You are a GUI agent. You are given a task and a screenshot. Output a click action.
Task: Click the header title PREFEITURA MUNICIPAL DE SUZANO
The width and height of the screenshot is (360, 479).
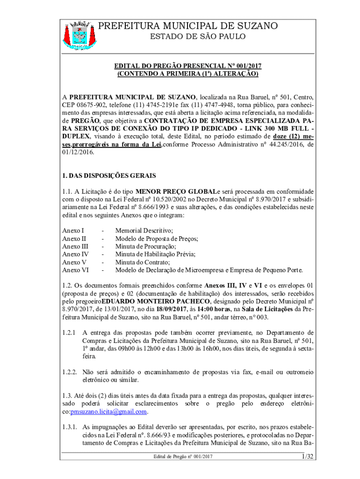pyautogui.click(x=188, y=26)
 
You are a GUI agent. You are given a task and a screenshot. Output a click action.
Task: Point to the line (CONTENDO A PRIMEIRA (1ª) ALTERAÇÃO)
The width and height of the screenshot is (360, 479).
pyautogui.click(x=188, y=74)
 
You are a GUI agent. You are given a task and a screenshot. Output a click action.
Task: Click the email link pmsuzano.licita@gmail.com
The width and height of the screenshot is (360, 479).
pyautogui.click(x=108, y=412)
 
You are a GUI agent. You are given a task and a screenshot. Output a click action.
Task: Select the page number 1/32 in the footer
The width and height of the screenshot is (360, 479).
pyautogui.click(x=307, y=456)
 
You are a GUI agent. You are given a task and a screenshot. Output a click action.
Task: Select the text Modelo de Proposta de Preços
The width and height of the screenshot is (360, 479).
pyautogui.click(x=157, y=238)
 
